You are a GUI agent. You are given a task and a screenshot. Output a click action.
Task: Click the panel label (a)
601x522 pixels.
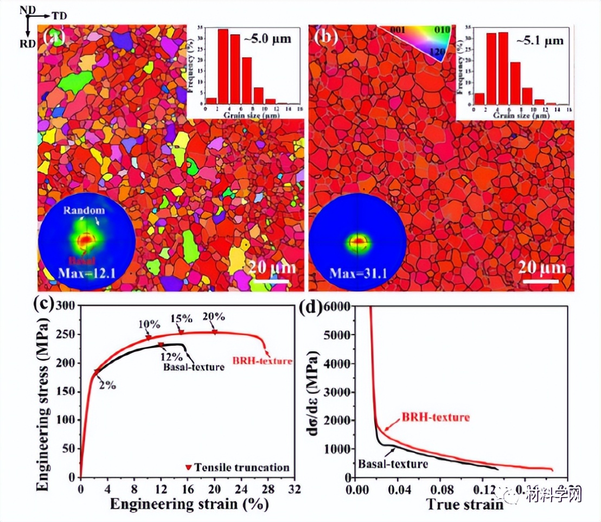[x=54, y=37]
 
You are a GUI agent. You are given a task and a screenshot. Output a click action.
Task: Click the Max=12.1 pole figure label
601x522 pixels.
[x=87, y=271]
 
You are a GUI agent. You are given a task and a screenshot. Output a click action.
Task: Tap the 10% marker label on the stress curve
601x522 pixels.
[x=149, y=325]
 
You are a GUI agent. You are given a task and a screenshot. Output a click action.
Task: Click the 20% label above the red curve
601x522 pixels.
[x=213, y=317]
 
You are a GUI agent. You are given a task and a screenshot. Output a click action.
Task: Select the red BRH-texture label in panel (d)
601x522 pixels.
[x=435, y=417]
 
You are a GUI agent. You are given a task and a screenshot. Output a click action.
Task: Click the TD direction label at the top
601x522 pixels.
[x=60, y=16]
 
